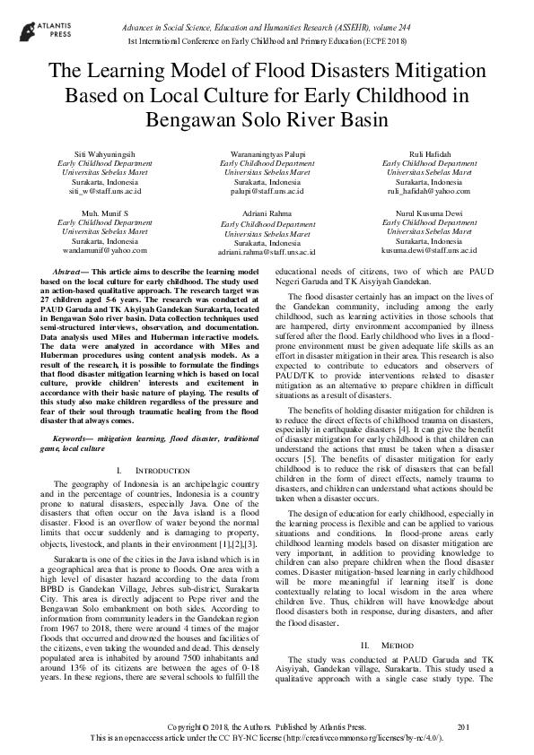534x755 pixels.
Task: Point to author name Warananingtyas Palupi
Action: pos(267,155)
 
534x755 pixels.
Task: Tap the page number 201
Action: pos(464,725)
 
